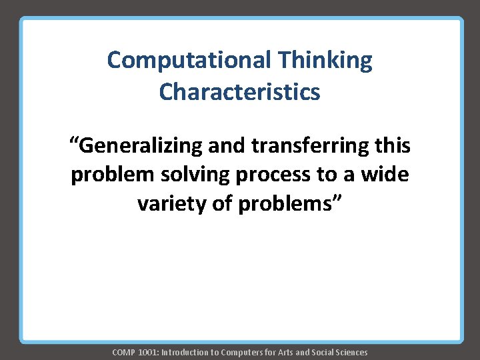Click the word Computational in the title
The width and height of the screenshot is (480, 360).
[x=188, y=61]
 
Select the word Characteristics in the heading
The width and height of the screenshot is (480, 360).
[x=239, y=91]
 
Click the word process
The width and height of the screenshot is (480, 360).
[x=273, y=175]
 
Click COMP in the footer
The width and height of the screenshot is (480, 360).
[x=123, y=352]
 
